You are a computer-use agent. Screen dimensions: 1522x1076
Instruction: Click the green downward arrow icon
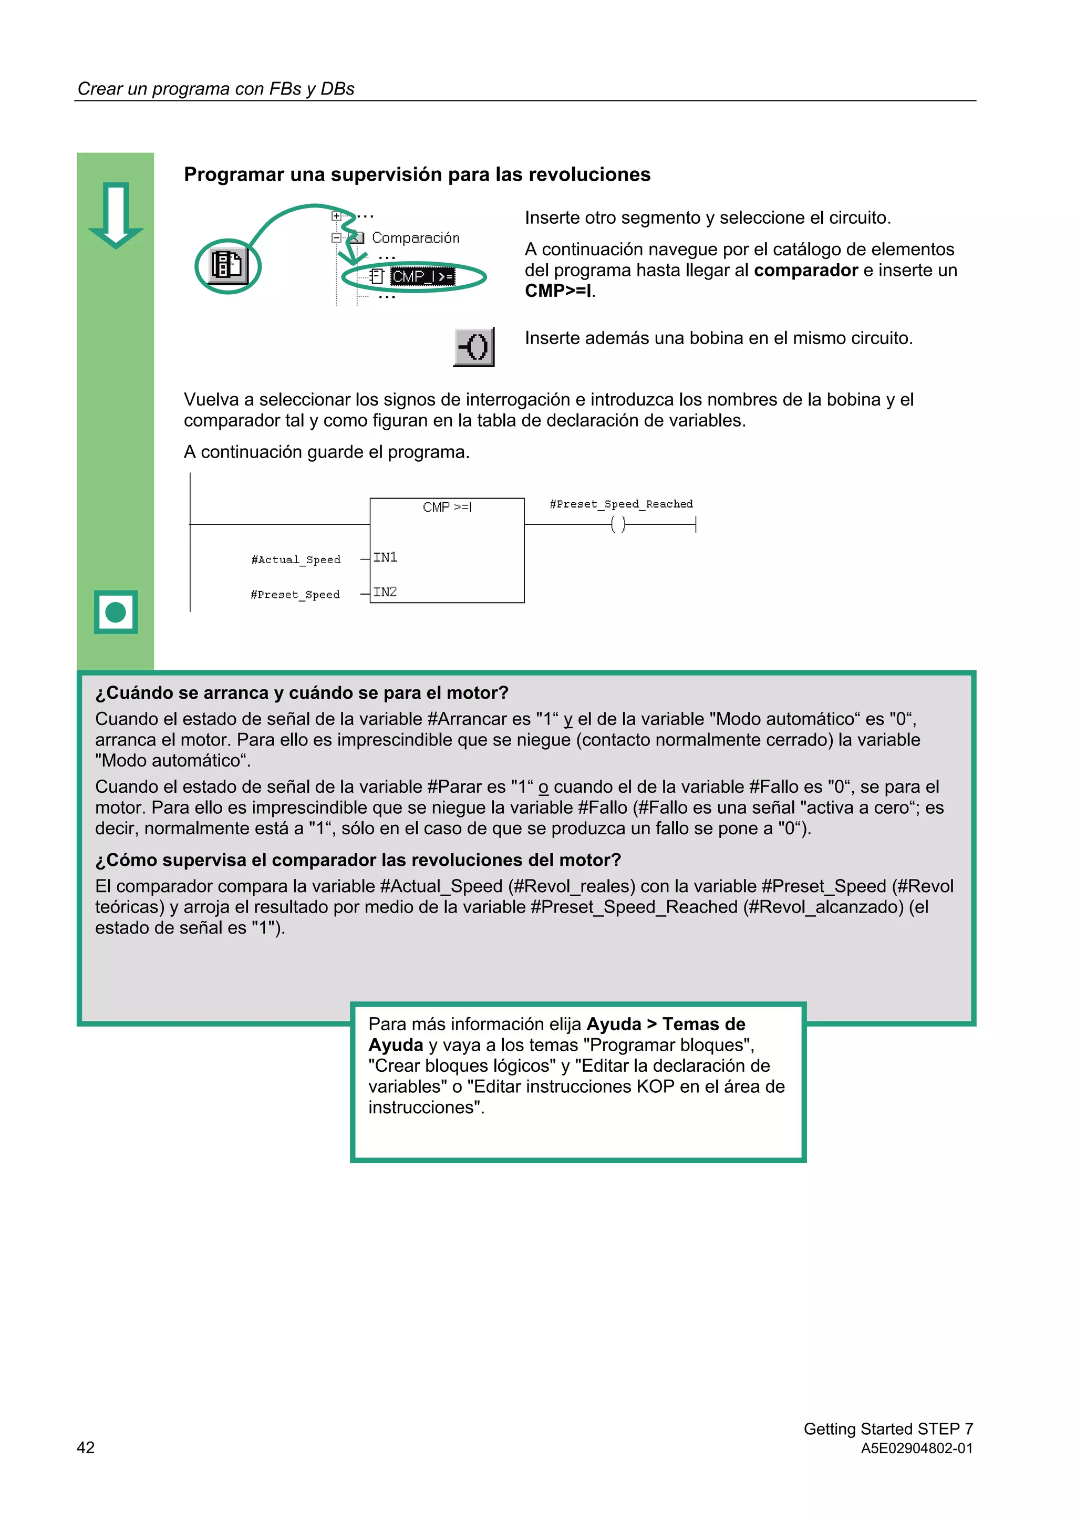[116, 214]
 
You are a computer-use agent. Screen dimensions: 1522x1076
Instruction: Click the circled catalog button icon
[227, 266]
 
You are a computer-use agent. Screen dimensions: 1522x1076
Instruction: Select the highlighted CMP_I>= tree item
[422, 276]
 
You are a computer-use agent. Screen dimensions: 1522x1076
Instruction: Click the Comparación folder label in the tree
[415, 237]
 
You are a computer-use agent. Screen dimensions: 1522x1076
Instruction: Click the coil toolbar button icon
[474, 346]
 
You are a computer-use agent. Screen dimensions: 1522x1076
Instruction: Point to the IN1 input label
[385, 557]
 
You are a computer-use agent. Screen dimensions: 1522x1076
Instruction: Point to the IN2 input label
[385, 592]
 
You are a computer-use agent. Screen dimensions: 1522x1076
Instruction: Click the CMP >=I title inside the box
[447, 507]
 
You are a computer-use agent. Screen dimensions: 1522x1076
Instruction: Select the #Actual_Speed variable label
[296, 560]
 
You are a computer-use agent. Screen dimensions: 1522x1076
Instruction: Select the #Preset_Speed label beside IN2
[295, 595]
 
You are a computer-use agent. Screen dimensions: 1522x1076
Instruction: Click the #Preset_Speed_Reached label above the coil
[621, 504]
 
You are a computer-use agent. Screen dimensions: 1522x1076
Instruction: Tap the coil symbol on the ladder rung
[618, 524]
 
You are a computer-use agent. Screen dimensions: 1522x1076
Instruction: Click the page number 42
[86, 1447]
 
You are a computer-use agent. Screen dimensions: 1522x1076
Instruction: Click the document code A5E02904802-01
[916, 1448]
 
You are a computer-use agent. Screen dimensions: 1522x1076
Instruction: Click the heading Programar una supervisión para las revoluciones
[417, 174]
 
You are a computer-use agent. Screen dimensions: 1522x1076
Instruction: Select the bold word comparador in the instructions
[805, 270]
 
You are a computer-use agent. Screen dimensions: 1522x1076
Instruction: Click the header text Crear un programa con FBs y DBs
[216, 89]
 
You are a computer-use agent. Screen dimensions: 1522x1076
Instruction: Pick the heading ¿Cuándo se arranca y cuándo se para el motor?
[302, 693]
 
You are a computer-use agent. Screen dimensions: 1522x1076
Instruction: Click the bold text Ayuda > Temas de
[666, 1024]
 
